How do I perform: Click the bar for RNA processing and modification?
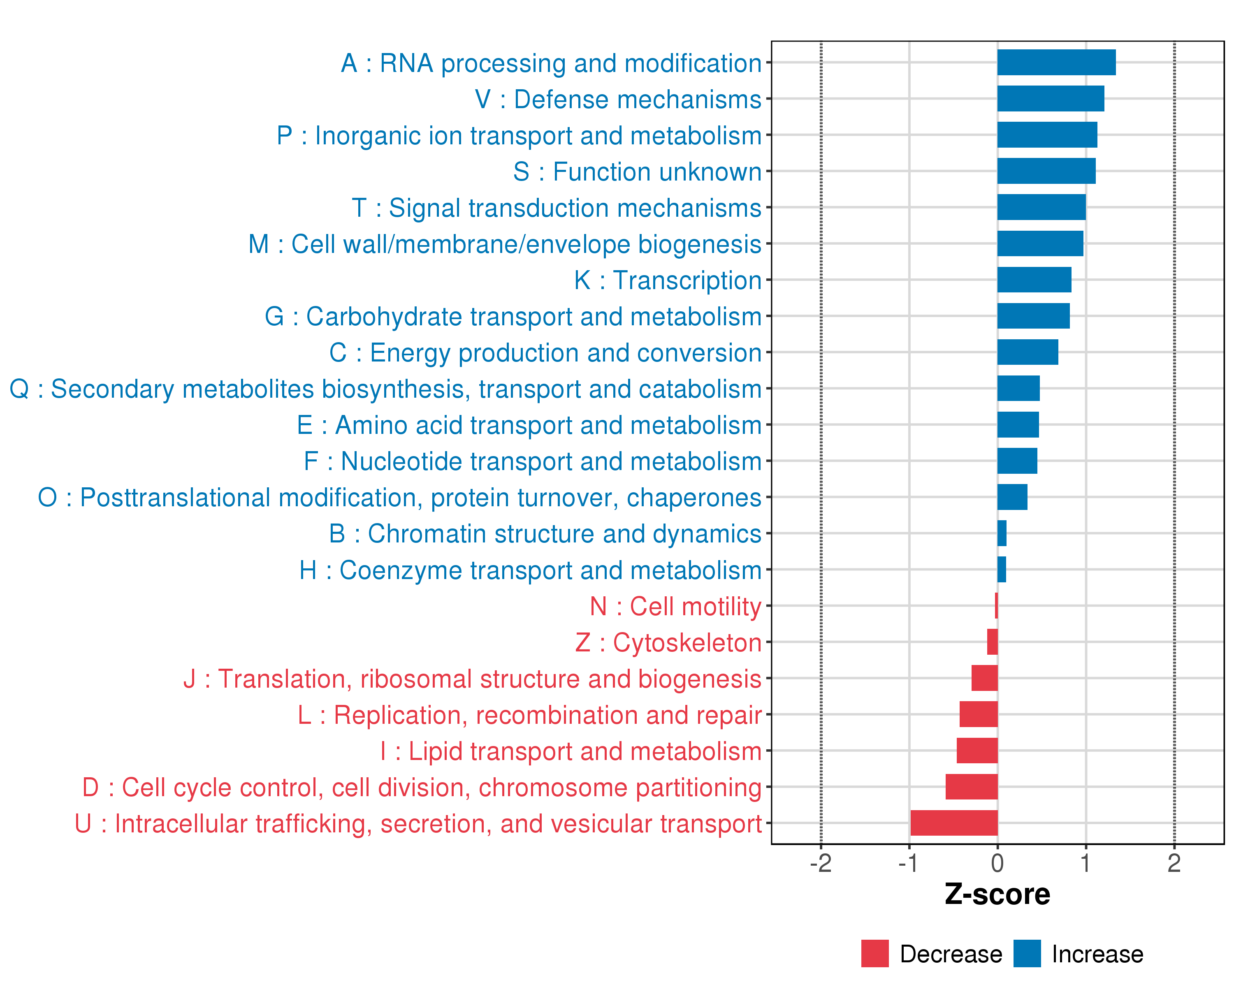[x=1056, y=63]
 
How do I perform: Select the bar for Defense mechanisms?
[x=1050, y=98]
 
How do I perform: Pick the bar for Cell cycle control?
[x=971, y=787]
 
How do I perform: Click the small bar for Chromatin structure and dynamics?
[x=1002, y=533]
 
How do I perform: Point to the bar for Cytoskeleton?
[x=993, y=642]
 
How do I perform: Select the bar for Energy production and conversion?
[x=1028, y=352]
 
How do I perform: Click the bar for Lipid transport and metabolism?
[x=977, y=751]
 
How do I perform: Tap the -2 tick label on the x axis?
[x=821, y=863]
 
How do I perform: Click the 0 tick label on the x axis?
[x=997, y=863]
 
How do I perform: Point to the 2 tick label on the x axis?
[x=1174, y=863]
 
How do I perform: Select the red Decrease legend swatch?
[x=874, y=954]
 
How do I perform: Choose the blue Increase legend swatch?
[x=1027, y=954]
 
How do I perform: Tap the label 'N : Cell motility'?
[x=675, y=607]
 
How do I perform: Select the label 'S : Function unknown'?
[x=637, y=171]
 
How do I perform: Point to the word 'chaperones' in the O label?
[x=694, y=498]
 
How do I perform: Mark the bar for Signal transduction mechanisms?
[x=1041, y=207]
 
